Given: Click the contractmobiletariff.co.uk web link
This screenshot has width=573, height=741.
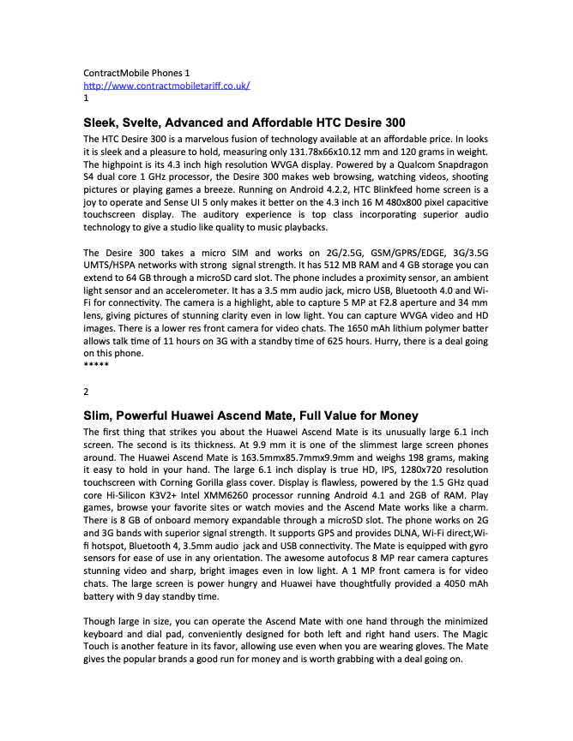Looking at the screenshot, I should click(166, 87).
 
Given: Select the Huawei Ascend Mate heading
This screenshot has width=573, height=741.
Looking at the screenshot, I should click(250, 415).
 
